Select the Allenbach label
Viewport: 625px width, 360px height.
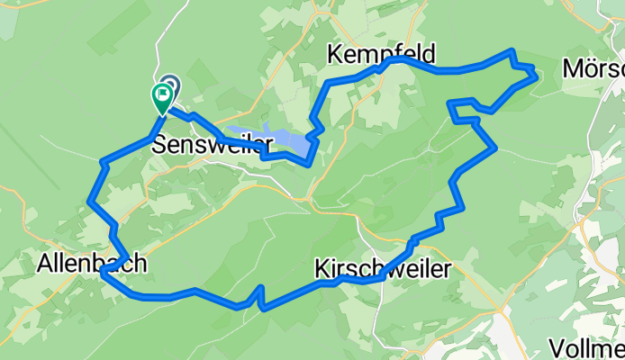coord(92,264)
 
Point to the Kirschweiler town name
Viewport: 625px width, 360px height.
coord(382,268)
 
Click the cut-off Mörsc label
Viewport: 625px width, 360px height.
coord(593,69)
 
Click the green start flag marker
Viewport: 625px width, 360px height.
coord(163,96)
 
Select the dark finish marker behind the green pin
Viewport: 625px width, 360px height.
coord(169,84)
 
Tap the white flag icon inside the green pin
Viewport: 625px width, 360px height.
coord(164,92)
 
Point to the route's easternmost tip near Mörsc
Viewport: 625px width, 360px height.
coord(537,76)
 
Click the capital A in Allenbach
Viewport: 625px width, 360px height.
coord(45,264)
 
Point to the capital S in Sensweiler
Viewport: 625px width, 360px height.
coord(159,144)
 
